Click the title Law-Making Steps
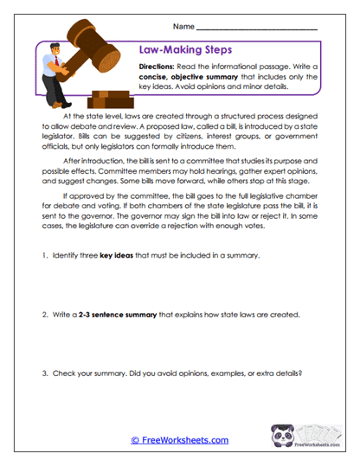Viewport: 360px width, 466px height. point(178,49)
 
